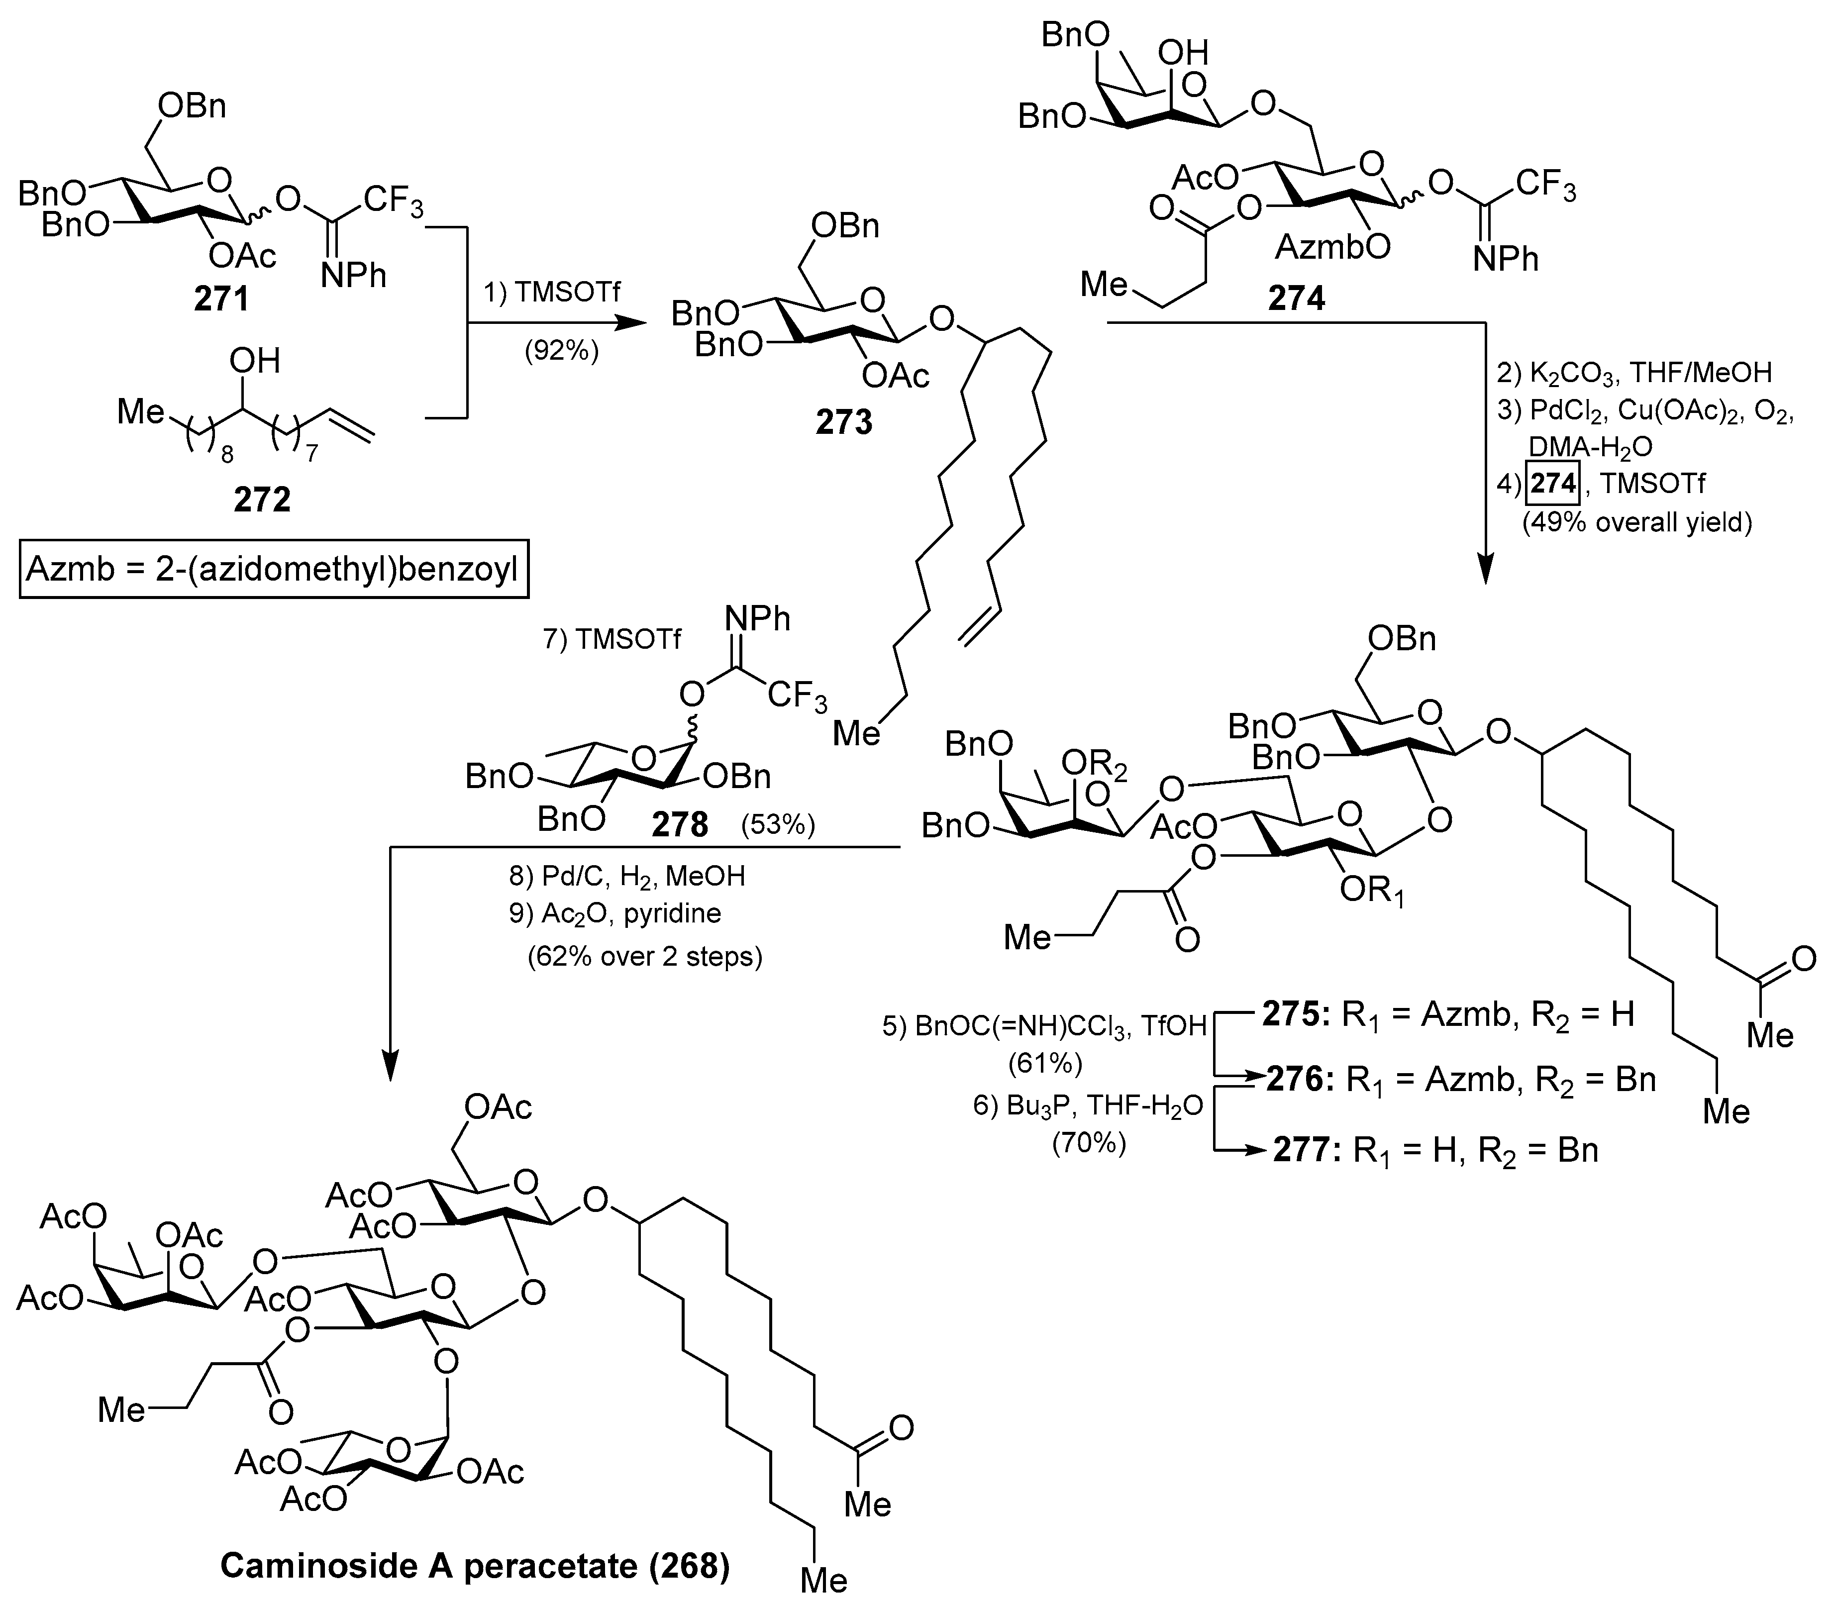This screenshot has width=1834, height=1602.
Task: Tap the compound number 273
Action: click(844, 422)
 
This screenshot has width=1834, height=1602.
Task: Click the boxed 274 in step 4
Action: click(1553, 484)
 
